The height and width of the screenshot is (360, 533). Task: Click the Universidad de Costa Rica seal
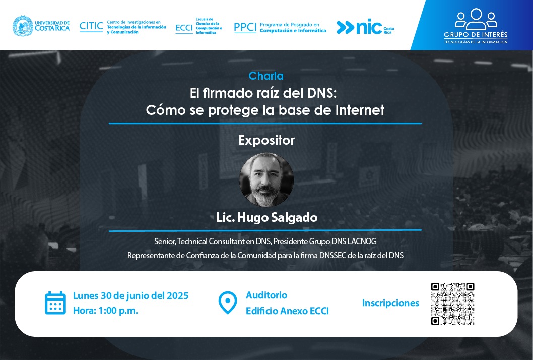pos(23,26)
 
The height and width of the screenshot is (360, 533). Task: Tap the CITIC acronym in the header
pos(91,26)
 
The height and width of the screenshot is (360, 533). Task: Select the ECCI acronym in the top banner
pos(184,28)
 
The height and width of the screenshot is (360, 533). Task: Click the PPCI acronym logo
pos(245,27)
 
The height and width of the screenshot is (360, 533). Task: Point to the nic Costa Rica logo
pos(365,28)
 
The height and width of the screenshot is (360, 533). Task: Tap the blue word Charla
pos(266,76)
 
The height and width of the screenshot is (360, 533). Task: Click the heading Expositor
pos(266,140)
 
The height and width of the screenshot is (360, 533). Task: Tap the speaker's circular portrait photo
pos(266,179)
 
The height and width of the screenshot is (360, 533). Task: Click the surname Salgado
pos(294,217)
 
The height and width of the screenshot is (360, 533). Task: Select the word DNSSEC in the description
pos(332,255)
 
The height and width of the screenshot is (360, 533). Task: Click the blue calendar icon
pos(55,303)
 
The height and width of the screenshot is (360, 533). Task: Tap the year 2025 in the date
pos(177,295)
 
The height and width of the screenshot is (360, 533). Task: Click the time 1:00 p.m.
pos(118,310)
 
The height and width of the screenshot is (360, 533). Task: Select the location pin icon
pos(227,303)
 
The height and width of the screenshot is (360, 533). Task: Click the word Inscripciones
pos(390,303)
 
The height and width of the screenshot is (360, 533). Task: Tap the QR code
pos(452,304)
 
